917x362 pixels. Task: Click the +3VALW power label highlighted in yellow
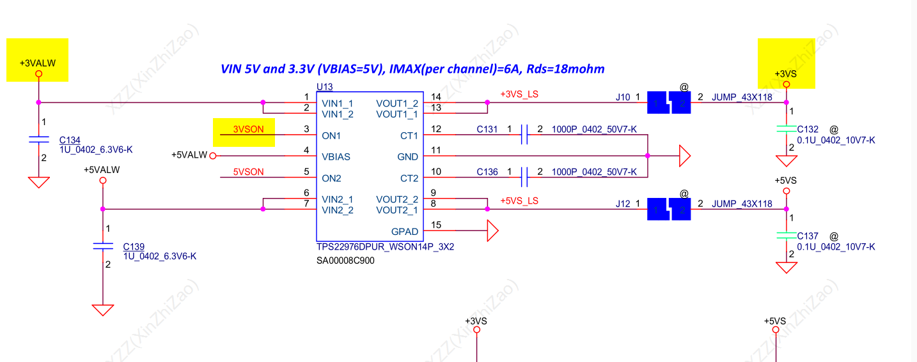(37, 63)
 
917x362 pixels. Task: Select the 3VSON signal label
(247, 129)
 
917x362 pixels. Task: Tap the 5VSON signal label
(247, 172)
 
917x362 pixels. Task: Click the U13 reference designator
(324, 87)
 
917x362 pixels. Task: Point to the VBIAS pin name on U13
(336, 156)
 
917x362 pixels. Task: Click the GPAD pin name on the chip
(404, 232)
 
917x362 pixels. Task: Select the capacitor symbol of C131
(524, 135)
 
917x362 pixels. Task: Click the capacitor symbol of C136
(524, 177)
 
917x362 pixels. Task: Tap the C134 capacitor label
(70, 140)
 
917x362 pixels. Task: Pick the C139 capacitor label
(134, 246)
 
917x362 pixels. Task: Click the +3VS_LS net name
(519, 94)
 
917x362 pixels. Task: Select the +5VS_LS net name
(519, 200)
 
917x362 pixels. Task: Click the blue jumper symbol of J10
(669, 102)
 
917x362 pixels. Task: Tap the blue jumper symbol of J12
(669, 209)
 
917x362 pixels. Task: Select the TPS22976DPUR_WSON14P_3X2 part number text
(385, 247)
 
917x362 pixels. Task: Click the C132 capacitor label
(808, 129)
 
